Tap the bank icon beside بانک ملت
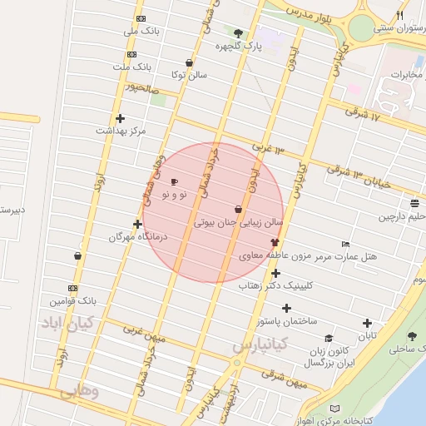point(141,50)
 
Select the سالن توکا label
point(189,75)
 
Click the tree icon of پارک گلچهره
point(240,33)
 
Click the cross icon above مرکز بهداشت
point(121,118)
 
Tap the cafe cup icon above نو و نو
point(174,181)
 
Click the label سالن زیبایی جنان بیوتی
point(239,223)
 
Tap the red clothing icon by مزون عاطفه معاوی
point(275,242)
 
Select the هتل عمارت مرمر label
point(345,256)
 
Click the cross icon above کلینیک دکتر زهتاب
point(275,273)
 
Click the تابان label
point(367,336)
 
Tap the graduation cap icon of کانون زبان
point(329,339)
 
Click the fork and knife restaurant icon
point(399,15)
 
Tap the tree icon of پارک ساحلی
point(412,336)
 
